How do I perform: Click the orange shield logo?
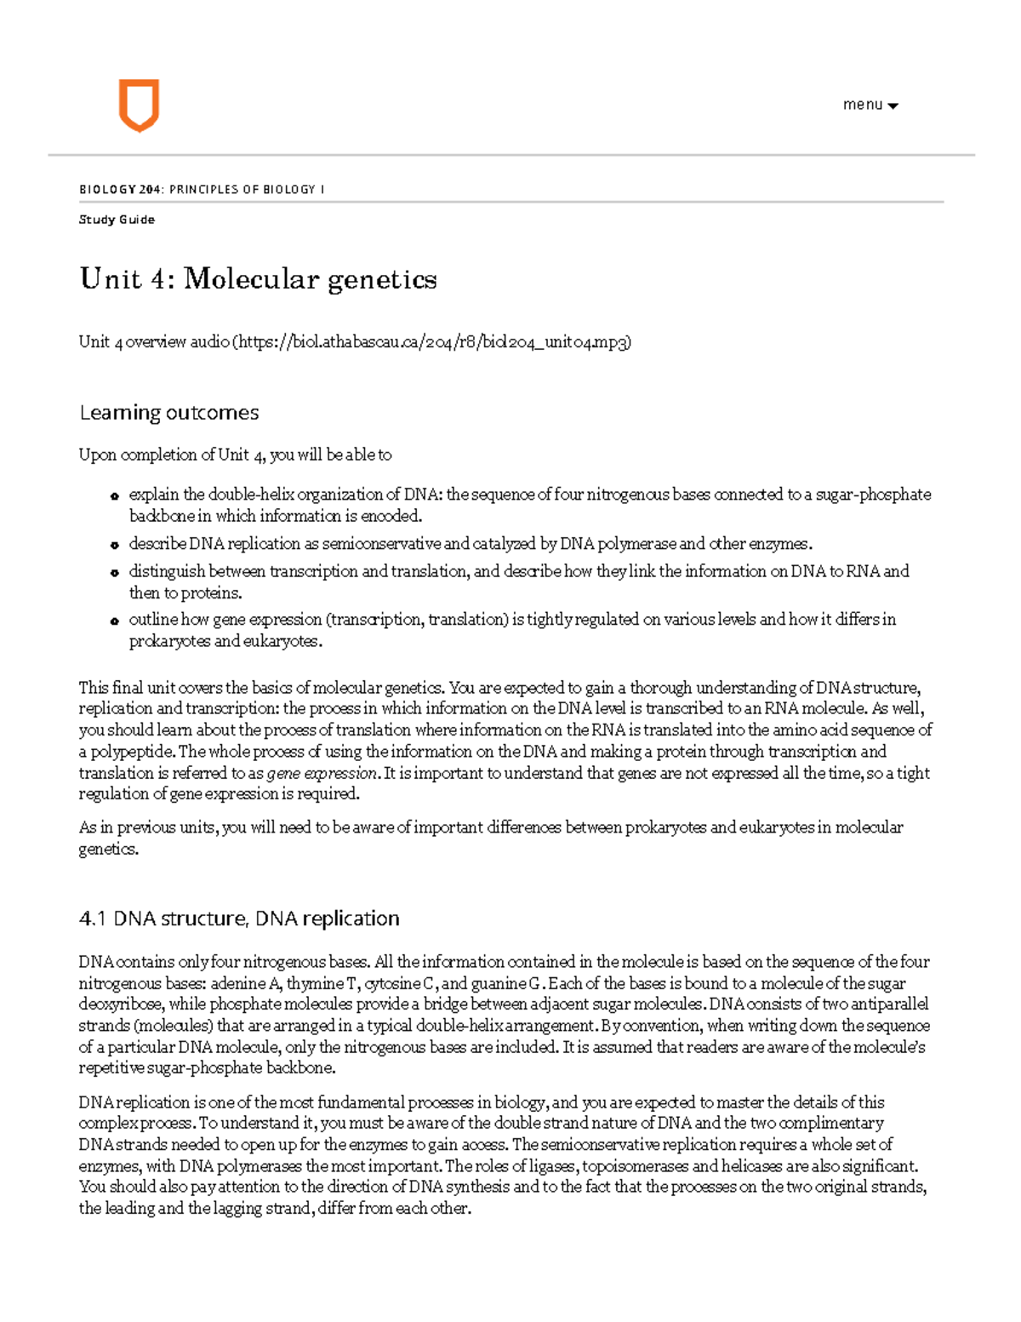(x=138, y=106)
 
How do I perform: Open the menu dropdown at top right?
(x=870, y=105)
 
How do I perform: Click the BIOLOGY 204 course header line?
(x=202, y=189)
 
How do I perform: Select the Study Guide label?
(x=117, y=220)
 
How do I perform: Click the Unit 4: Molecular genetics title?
(x=258, y=279)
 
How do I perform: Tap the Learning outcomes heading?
(x=168, y=413)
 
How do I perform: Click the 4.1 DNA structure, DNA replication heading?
(x=238, y=919)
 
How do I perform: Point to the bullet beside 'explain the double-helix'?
(x=113, y=497)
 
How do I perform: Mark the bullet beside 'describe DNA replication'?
(x=113, y=546)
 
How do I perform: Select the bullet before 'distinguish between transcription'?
(x=113, y=573)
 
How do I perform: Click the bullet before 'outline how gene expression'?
(x=113, y=621)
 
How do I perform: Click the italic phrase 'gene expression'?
(x=322, y=774)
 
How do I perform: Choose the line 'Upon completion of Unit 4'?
(x=235, y=455)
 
